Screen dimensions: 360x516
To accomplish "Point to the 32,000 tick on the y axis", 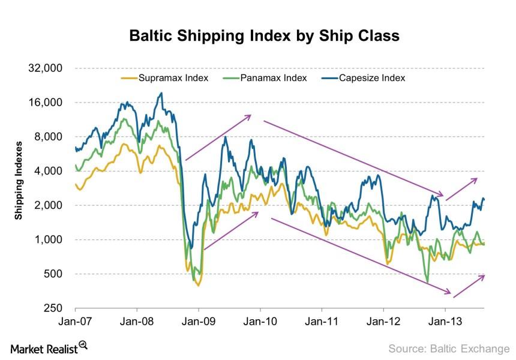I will click(x=47, y=68).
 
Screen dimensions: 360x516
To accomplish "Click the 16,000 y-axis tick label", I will click(x=47, y=103).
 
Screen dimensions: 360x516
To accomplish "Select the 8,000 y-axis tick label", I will click(x=49, y=137).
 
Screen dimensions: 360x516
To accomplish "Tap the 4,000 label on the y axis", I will click(x=49, y=171).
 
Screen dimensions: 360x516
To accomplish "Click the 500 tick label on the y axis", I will click(x=54, y=274).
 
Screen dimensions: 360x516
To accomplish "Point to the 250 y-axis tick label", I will click(x=54, y=308).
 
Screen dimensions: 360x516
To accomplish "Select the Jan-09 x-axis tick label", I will click(x=199, y=322).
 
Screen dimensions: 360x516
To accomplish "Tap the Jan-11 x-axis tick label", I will click(x=322, y=322).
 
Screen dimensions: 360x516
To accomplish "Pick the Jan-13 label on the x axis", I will click(x=445, y=322).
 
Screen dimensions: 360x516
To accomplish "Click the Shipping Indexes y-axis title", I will click(x=19, y=181).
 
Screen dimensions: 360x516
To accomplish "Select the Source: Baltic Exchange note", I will click(x=448, y=348).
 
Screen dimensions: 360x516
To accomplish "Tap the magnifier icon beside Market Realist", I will click(x=83, y=345).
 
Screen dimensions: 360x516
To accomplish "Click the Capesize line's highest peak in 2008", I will click(x=161, y=93).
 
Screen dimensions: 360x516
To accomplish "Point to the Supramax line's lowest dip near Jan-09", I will click(x=197, y=286).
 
